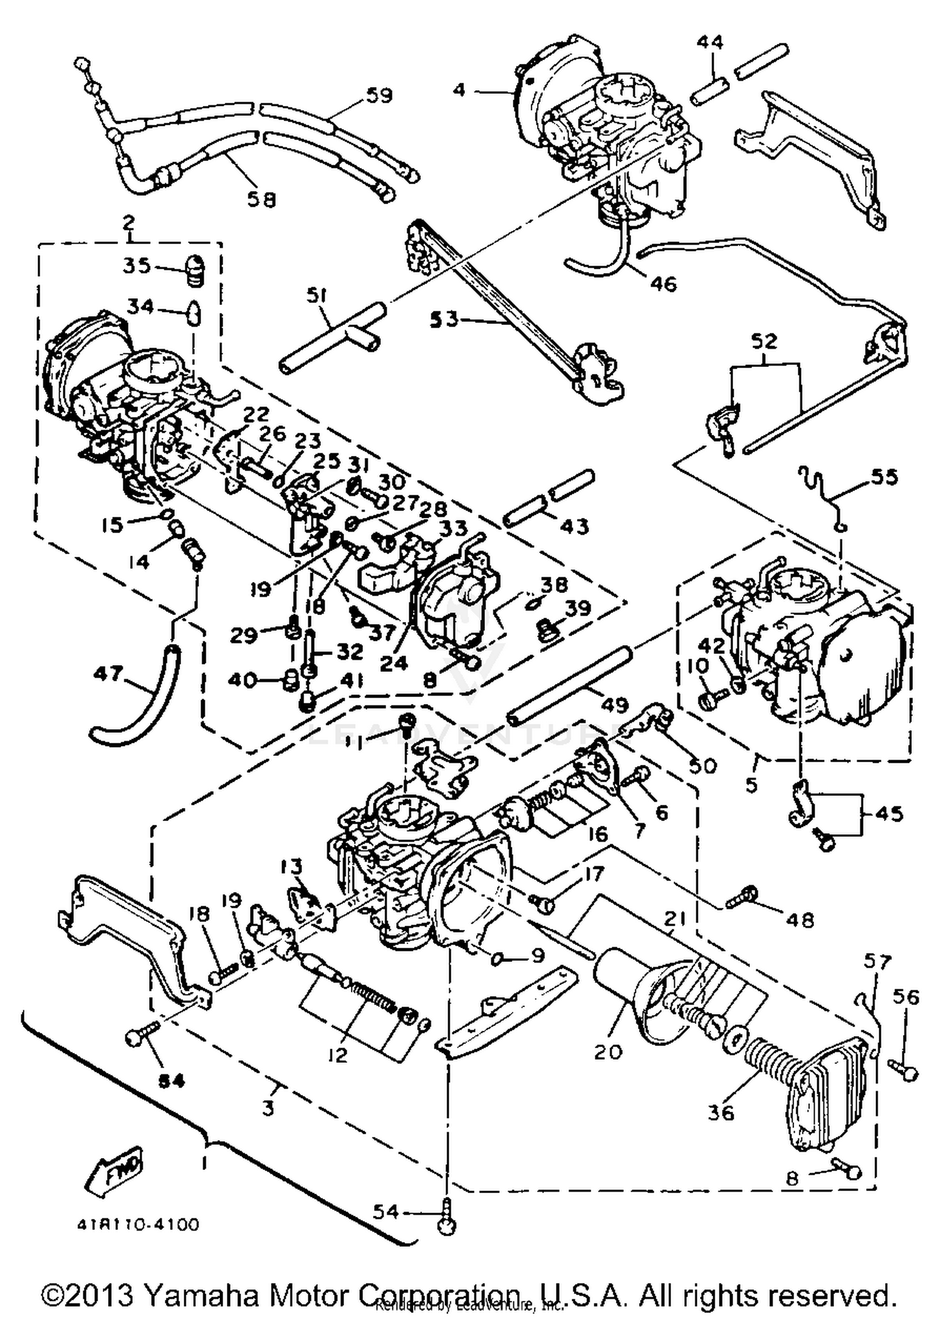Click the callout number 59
pyautogui.click(x=379, y=96)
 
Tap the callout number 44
pyautogui.click(x=710, y=43)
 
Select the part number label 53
pyautogui.click(x=444, y=320)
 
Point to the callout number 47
pyautogui.click(x=108, y=675)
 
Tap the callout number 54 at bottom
pyautogui.click(x=385, y=1212)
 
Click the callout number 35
pyautogui.click(x=137, y=265)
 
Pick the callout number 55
pyautogui.click(x=884, y=477)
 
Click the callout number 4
pyautogui.click(x=459, y=90)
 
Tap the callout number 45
pyautogui.click(x=889, y=814)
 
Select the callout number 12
pyautogui.click(x=338, y=1055)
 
